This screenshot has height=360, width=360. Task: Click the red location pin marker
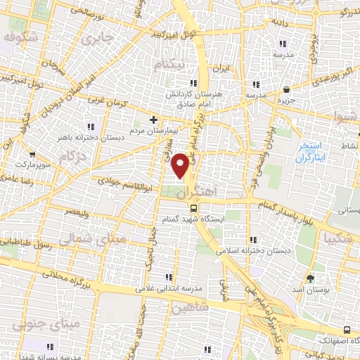click(x=181, y=165)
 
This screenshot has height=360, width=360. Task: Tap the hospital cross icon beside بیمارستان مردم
click(x=154, y=120)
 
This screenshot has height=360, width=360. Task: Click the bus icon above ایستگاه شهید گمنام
click(x=194, y=207)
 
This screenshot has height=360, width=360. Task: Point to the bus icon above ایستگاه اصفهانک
click(x=346, y=328)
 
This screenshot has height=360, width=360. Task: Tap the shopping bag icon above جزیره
click(x=287, y=89)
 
